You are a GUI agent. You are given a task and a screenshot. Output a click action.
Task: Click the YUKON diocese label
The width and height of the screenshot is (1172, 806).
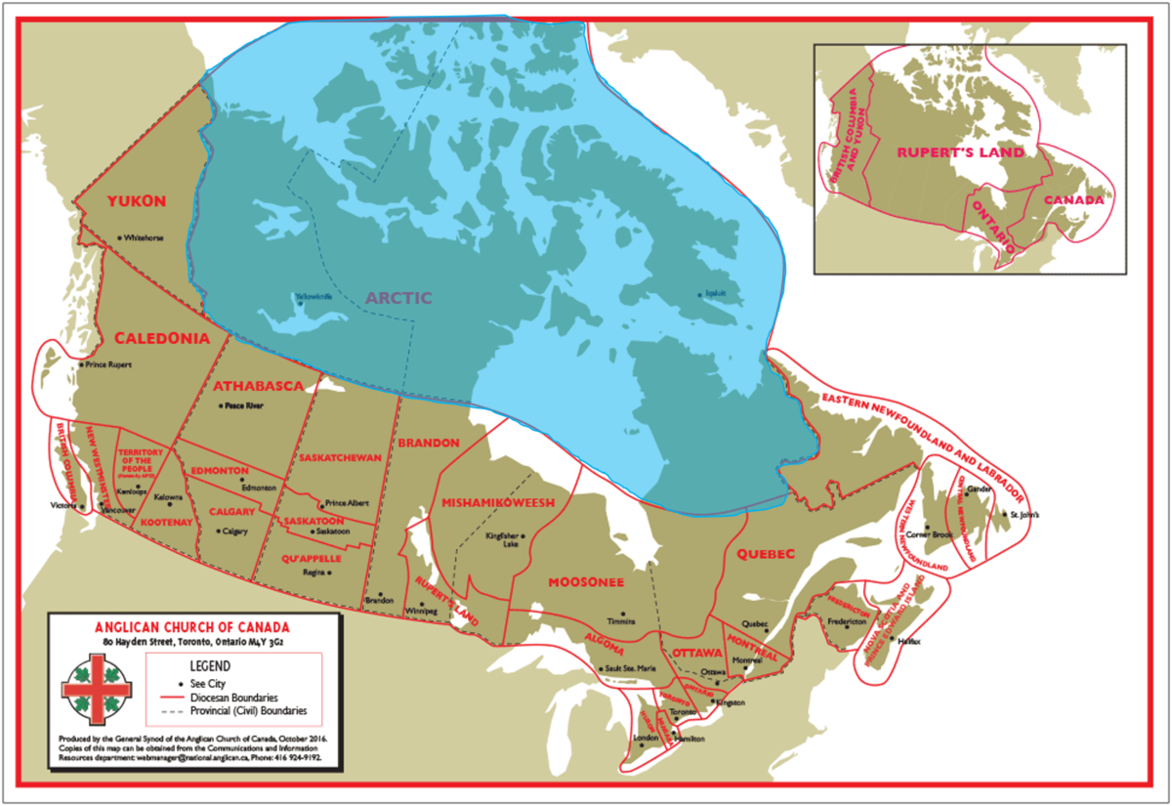137,201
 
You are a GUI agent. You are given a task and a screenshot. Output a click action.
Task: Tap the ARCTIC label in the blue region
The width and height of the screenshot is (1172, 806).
398,298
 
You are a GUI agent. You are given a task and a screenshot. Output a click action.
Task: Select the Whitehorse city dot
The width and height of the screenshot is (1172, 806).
119,237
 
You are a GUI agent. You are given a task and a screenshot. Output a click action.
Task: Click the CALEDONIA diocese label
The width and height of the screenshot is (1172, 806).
162,338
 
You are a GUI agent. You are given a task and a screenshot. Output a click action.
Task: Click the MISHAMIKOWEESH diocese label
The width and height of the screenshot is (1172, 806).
498,502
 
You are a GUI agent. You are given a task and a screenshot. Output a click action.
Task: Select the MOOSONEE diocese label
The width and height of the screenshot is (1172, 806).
586,582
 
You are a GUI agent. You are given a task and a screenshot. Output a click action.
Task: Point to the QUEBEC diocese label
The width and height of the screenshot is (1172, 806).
767,553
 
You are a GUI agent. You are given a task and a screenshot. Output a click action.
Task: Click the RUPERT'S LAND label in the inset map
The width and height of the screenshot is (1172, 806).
961,152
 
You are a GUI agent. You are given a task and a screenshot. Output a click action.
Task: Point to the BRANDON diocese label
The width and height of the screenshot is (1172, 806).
429,443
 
